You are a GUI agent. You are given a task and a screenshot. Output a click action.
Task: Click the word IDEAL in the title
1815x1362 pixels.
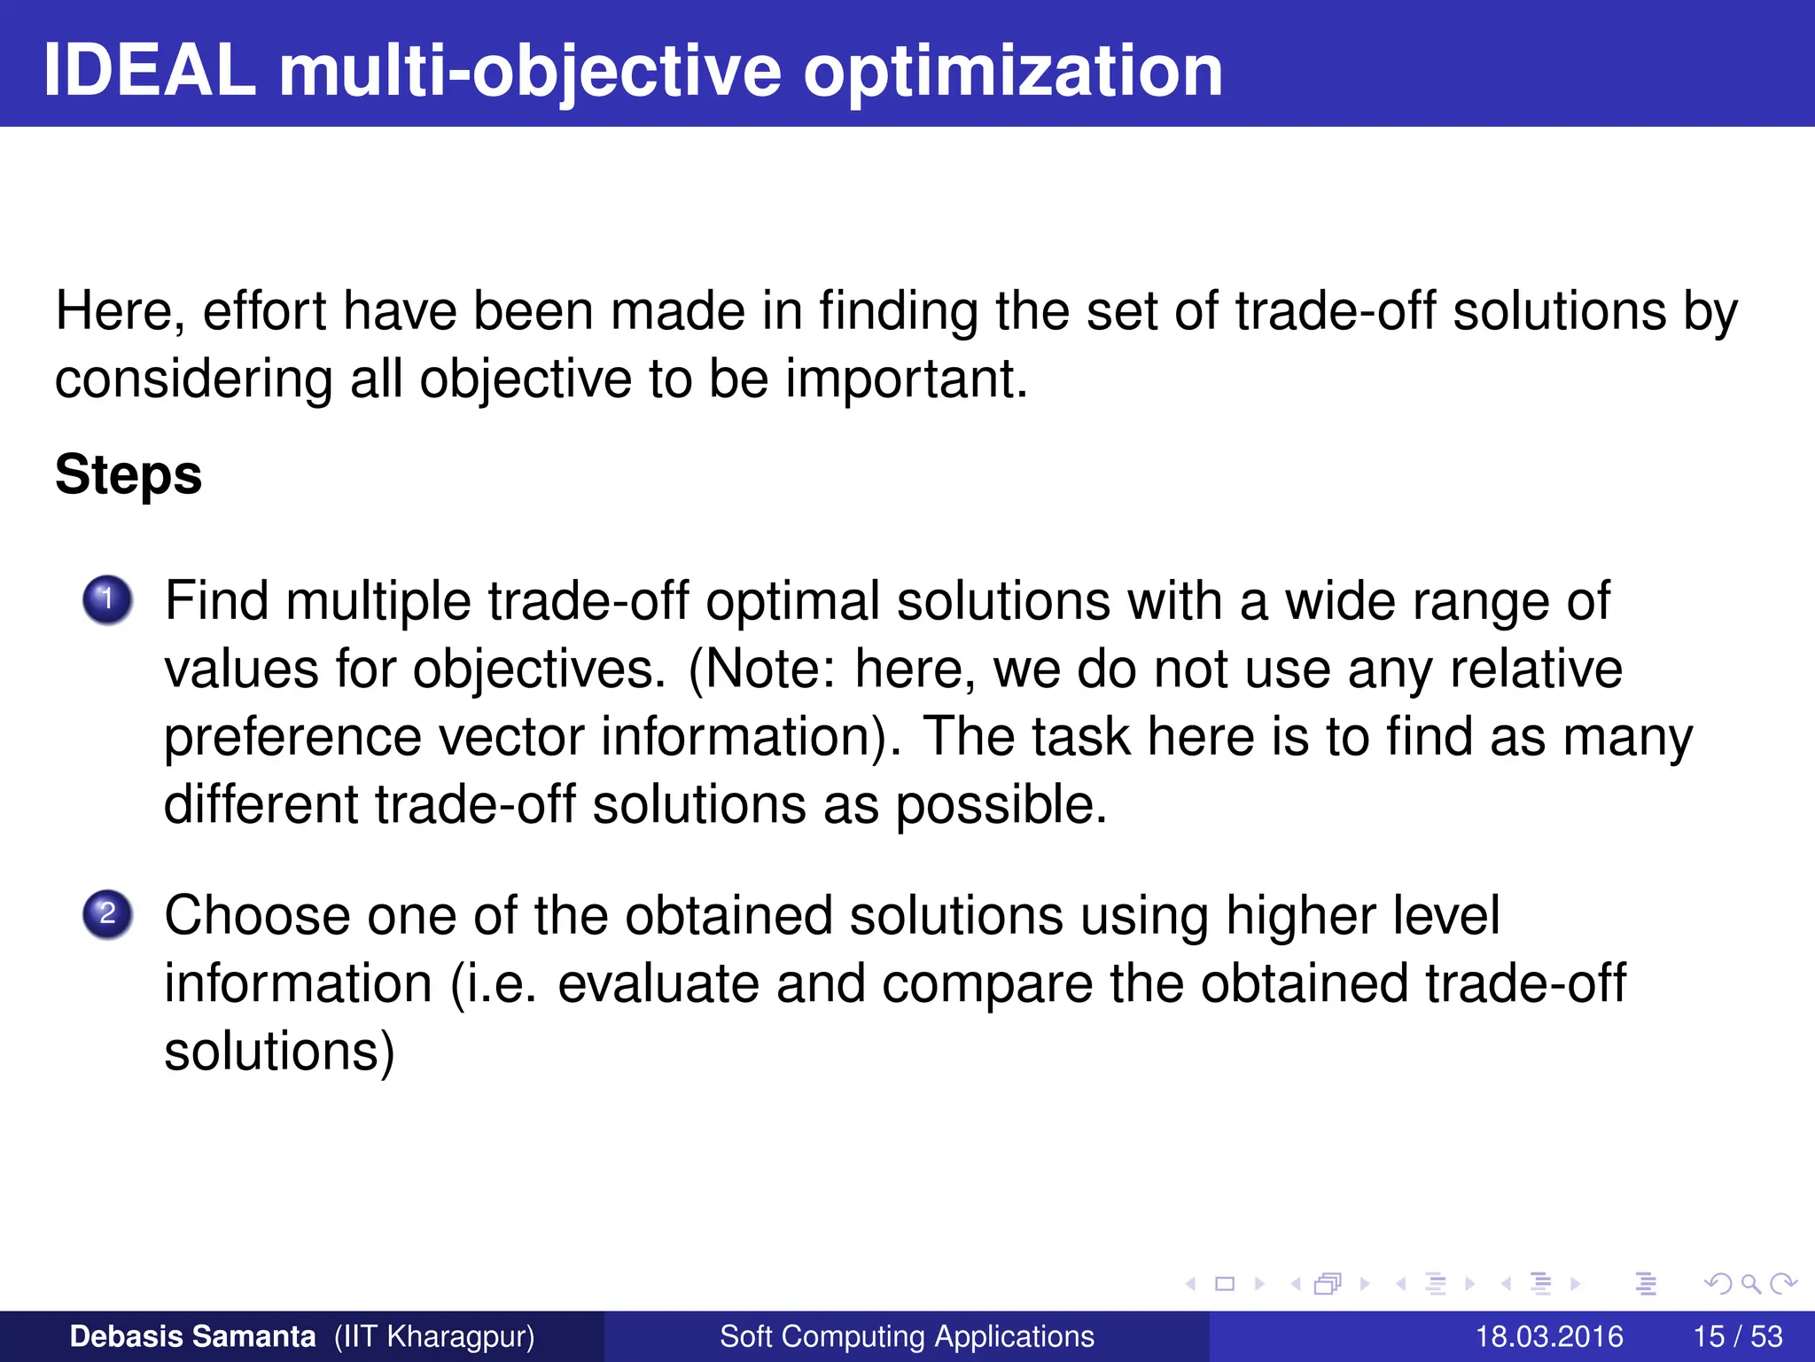149,71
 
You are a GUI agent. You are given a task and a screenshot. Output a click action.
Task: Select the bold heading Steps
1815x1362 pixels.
129,474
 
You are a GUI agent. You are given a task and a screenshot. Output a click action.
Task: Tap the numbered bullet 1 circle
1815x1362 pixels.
107,600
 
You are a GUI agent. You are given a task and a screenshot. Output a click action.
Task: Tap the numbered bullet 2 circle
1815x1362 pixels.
107,914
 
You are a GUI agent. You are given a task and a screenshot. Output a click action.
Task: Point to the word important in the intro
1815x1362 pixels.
906,379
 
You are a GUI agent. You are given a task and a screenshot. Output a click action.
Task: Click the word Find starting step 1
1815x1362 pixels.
216,601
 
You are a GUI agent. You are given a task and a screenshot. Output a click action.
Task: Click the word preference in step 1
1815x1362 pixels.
292,738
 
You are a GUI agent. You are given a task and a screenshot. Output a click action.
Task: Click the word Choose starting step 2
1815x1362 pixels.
257,915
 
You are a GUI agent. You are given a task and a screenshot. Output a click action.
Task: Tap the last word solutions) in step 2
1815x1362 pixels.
279,1052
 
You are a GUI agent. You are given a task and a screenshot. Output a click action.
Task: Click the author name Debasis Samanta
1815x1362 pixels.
192,1336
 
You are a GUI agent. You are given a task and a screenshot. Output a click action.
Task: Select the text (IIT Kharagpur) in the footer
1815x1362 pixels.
434,1336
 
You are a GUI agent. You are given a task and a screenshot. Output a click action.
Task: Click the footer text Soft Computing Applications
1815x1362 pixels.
907,1336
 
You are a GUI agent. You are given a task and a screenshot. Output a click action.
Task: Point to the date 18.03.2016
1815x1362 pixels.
1548,1336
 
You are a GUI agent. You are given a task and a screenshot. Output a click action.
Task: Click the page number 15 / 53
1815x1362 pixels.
1737,1336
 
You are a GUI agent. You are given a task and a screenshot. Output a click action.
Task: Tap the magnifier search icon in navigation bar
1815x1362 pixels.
1750,1283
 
